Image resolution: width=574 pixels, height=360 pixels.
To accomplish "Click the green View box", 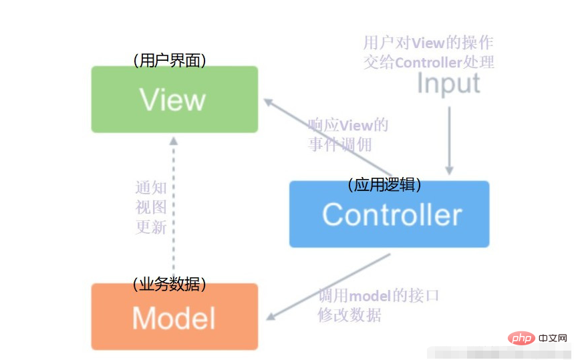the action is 174,99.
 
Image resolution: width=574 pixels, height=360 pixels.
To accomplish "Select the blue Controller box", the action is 389,214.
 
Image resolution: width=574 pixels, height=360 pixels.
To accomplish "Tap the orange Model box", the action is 174,317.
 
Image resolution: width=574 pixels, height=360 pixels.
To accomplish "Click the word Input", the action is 448,84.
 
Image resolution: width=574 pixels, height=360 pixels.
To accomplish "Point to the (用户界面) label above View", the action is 170,60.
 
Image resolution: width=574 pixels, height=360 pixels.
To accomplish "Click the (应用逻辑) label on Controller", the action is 384,185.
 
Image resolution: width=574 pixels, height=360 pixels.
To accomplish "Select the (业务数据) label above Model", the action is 170,284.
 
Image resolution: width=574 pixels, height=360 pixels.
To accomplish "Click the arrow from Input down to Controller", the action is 449,141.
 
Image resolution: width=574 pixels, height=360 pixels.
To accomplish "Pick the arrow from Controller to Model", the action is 328,287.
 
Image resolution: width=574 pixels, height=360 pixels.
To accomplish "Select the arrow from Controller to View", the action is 327,137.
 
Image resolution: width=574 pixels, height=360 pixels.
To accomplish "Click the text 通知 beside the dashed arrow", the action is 151,188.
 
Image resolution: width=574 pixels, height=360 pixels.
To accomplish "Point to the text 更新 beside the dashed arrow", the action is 151,227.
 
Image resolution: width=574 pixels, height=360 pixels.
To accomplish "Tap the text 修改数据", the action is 349,315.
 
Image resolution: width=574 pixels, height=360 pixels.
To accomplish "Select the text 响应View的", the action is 348,126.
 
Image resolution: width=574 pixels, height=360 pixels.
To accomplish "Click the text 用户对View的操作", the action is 428,43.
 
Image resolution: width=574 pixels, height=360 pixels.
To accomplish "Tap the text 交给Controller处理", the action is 429,62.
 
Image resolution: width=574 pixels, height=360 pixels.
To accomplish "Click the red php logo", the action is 522,338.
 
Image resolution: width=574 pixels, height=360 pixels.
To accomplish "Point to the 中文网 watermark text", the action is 553,338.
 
